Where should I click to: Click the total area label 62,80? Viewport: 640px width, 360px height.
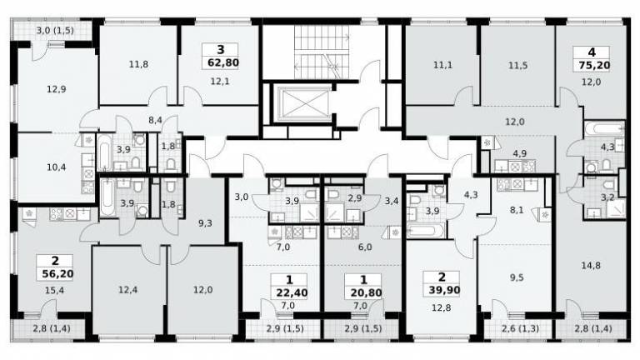[x=223, y=63]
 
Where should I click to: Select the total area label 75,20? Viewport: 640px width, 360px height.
[x=594, y=65]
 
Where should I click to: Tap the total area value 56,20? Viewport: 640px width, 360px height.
[x=58, y=273]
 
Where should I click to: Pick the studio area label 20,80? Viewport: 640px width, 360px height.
[x=366, y=292]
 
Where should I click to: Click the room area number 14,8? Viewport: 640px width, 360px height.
[x=591, y=266]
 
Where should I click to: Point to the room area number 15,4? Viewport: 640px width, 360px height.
[x=55, y=291]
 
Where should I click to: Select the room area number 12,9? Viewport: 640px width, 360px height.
[x=57, y=89]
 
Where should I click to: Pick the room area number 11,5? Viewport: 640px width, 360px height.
[x=517, y=65]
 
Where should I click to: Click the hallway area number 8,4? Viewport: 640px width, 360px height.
[x=155, y=120]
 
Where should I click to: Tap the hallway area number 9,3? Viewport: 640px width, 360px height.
[x=205, y=222]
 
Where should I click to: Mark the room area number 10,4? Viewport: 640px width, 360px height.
[x=57, y=167]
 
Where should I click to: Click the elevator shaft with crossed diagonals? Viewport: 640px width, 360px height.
[x=302, y=104]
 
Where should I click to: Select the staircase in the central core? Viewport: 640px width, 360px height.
[x=322, y=52]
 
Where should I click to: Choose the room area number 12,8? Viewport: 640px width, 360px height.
[x=441, y=307]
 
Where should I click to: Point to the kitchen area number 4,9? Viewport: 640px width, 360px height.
[x=520, y=153]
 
